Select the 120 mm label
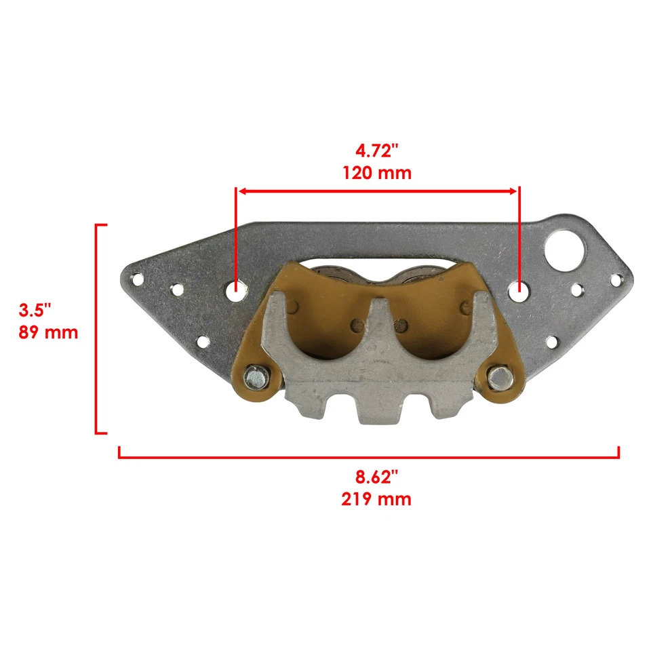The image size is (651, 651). pyautogui.click(x=376, y=173)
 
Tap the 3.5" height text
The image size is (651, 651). pyautogui.click(x=35, y=311)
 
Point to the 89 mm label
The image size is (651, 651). pyautogui.click(x=48, y=333)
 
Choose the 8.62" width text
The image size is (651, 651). pyautogui.click(x=376, y=477)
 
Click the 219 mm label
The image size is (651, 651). pyautogui.click(x=376, y=500)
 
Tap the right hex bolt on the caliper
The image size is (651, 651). pyautogui.click(x=500, y=377)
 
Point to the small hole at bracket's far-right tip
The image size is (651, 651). pyautogui.click(x=616, y=279)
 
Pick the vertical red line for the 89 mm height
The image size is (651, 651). pyautogui.click(x=97, y=328)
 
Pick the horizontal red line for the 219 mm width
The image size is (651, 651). pyautogui.click(x=369, y=457)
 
